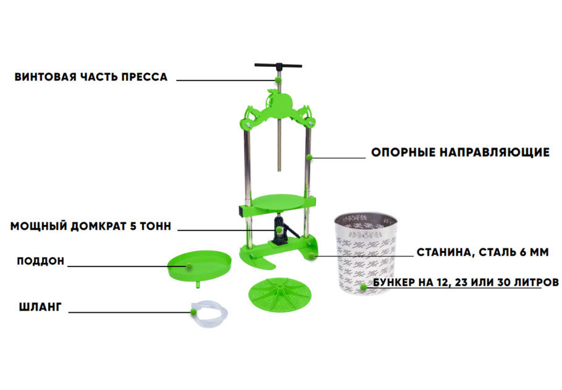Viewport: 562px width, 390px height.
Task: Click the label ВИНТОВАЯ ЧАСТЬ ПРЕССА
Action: point(91,77)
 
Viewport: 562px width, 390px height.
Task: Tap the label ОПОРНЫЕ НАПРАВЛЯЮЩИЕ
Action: point(460,152)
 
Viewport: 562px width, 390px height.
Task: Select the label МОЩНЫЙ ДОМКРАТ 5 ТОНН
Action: point(91,226)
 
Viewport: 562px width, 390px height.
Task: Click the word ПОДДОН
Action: point(41,261)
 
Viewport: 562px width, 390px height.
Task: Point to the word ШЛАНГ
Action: point(40,307)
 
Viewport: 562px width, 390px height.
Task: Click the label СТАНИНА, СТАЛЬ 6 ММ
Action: point(482,252)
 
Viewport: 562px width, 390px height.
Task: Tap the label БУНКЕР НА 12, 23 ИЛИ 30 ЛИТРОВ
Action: point(466,282)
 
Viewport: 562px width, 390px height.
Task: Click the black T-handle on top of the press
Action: point(278,66)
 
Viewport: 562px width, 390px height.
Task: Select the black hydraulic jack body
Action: point(280,231)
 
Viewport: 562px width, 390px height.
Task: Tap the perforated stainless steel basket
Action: point(365,253)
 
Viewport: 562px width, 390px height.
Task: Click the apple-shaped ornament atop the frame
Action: point(278,101)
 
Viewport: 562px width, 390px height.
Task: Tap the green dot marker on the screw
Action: point(278,79)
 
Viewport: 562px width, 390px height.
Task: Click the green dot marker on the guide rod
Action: point(309,157)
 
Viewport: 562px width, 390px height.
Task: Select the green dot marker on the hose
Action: point(193,312)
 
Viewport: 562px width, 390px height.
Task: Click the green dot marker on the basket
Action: point(363,287)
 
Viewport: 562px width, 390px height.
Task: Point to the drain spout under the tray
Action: point(198,284)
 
